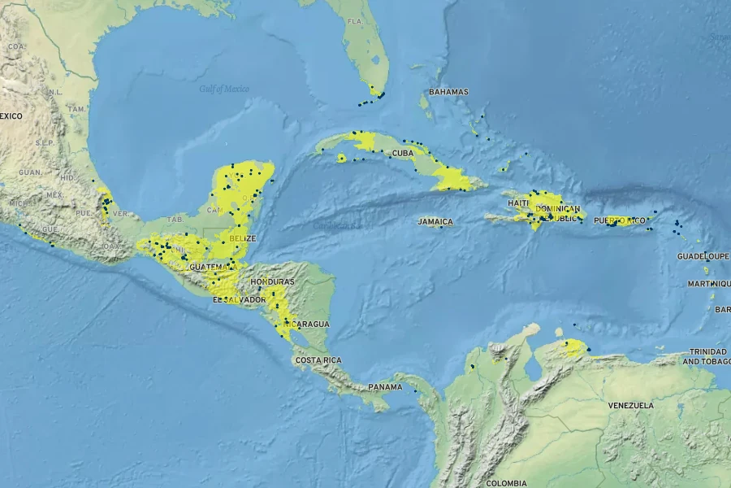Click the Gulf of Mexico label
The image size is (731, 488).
tap(224, 89)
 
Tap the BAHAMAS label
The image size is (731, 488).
tap(448, 92)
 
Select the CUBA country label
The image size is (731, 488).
tap(404, 153)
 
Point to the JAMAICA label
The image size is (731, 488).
tap(435, 221)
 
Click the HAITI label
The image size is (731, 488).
tap(519, 203)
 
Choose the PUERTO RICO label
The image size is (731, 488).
tap(619, 220)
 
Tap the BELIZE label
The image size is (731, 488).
tap(243, 238)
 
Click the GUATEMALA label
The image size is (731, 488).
tap(213, 267)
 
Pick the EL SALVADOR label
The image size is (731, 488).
tap(239, 300)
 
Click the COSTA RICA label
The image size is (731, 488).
tap(318, 359)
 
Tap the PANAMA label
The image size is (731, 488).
tap(385, 387)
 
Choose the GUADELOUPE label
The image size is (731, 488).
tap(703, 256)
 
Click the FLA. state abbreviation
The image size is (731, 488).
tap(355, 20)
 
